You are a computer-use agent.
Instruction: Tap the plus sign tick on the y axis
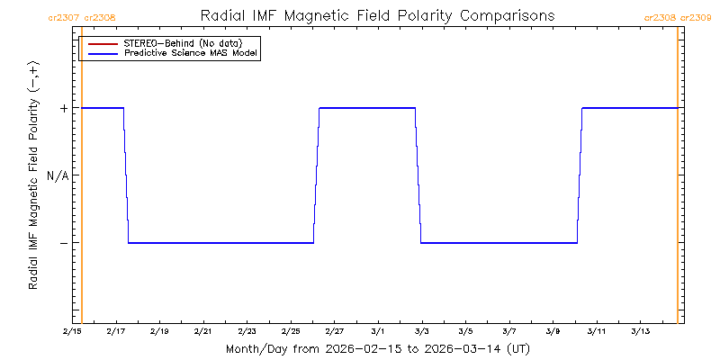click(x=63, y=108)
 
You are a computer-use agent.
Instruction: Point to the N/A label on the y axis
click(x=58, y=175)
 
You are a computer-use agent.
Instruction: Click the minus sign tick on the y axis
click(x=63, y=243)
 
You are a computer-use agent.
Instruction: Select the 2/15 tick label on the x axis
click(x=72, y=332)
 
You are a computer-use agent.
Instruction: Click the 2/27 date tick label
click(x=334, y=332)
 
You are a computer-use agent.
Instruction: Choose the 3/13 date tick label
click(x=640, y=332)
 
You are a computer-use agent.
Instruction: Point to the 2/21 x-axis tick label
click(x=202, y=332)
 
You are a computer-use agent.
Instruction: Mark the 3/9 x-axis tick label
click(x=553, y=332)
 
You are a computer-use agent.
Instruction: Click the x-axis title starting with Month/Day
click(x=377, y=348)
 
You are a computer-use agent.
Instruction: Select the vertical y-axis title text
click(x=33, y=175)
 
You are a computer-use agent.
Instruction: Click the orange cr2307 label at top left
click(x=62, y=17)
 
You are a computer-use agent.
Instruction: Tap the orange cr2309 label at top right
click(x=695, y=17)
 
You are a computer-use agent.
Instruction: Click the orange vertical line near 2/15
click(x=82, y=180)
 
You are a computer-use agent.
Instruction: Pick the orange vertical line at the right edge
click(x=677, y=180)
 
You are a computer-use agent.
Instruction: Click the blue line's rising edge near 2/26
click(x=317, y=175)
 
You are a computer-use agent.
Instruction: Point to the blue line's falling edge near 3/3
click(x=418, y=175)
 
